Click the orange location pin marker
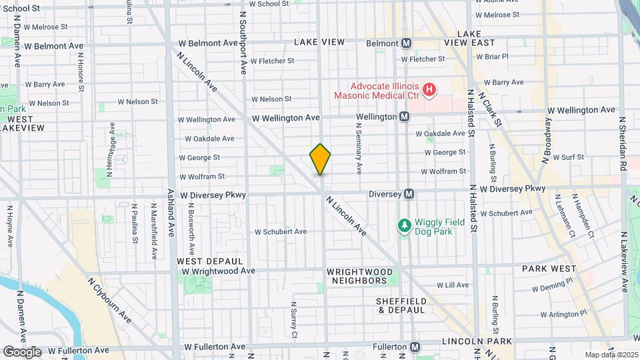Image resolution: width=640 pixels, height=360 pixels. (321, 159)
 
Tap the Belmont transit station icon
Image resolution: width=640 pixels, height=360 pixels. (405, 43)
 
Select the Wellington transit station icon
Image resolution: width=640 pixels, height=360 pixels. (404, 117)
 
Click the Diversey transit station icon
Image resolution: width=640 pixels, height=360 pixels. (409, 194)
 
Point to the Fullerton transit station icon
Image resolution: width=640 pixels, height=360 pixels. (415, 347)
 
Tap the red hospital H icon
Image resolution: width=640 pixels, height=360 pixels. (430, 89)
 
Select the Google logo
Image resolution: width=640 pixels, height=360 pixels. (22, 351)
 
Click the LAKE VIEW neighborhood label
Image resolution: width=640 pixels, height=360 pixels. (319, 42)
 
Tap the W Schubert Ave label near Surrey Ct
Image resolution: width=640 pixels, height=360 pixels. (280, 231)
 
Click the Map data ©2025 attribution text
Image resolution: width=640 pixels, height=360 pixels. (610, 354)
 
